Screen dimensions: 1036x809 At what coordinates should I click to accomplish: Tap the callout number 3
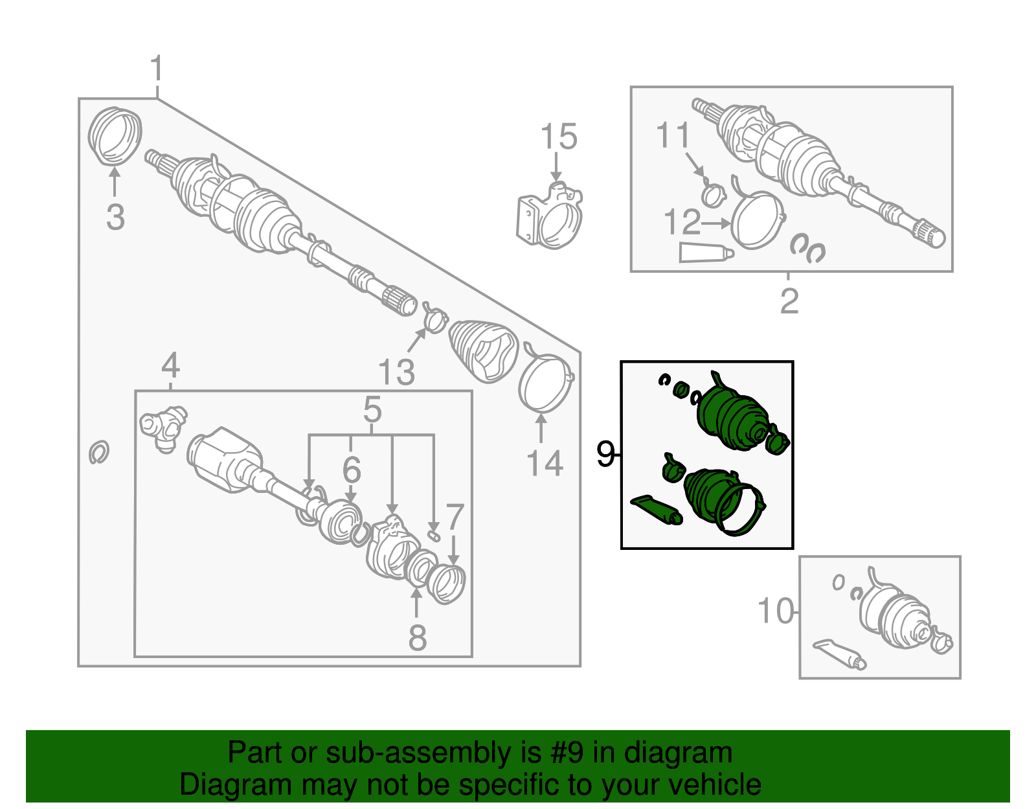[115, 217]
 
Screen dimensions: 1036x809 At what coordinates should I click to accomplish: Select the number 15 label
[559, 136]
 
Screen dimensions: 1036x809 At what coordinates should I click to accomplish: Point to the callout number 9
[605, 454]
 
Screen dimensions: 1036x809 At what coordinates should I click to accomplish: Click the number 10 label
[776, 611]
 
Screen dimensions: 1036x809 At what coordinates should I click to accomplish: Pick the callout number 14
[545, 463]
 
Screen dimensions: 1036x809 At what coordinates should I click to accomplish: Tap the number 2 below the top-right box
[789, 301]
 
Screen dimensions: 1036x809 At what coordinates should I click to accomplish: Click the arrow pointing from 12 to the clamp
[715, 223]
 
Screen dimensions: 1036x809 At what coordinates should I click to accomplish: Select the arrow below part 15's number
[556, 167]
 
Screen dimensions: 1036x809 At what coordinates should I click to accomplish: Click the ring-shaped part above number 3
[115, 136]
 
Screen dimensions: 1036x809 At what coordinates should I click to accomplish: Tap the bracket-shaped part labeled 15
[550, 215]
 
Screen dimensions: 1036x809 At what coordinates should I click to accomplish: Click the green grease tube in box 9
[657, 510]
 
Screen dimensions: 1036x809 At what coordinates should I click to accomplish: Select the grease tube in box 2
[706, 253]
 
